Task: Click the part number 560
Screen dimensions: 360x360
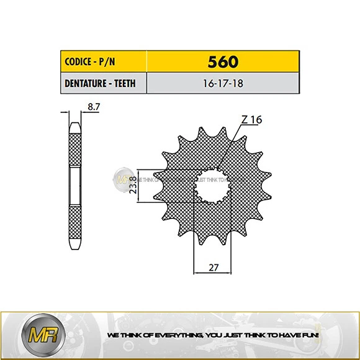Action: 223,63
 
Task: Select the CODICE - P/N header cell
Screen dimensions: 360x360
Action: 103,63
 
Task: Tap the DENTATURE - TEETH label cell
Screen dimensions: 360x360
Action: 103,83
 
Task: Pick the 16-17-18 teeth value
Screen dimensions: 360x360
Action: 222,83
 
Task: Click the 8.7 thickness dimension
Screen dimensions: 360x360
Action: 93,107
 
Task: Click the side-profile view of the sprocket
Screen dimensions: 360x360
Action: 74,180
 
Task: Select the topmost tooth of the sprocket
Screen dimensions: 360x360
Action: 202,132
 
